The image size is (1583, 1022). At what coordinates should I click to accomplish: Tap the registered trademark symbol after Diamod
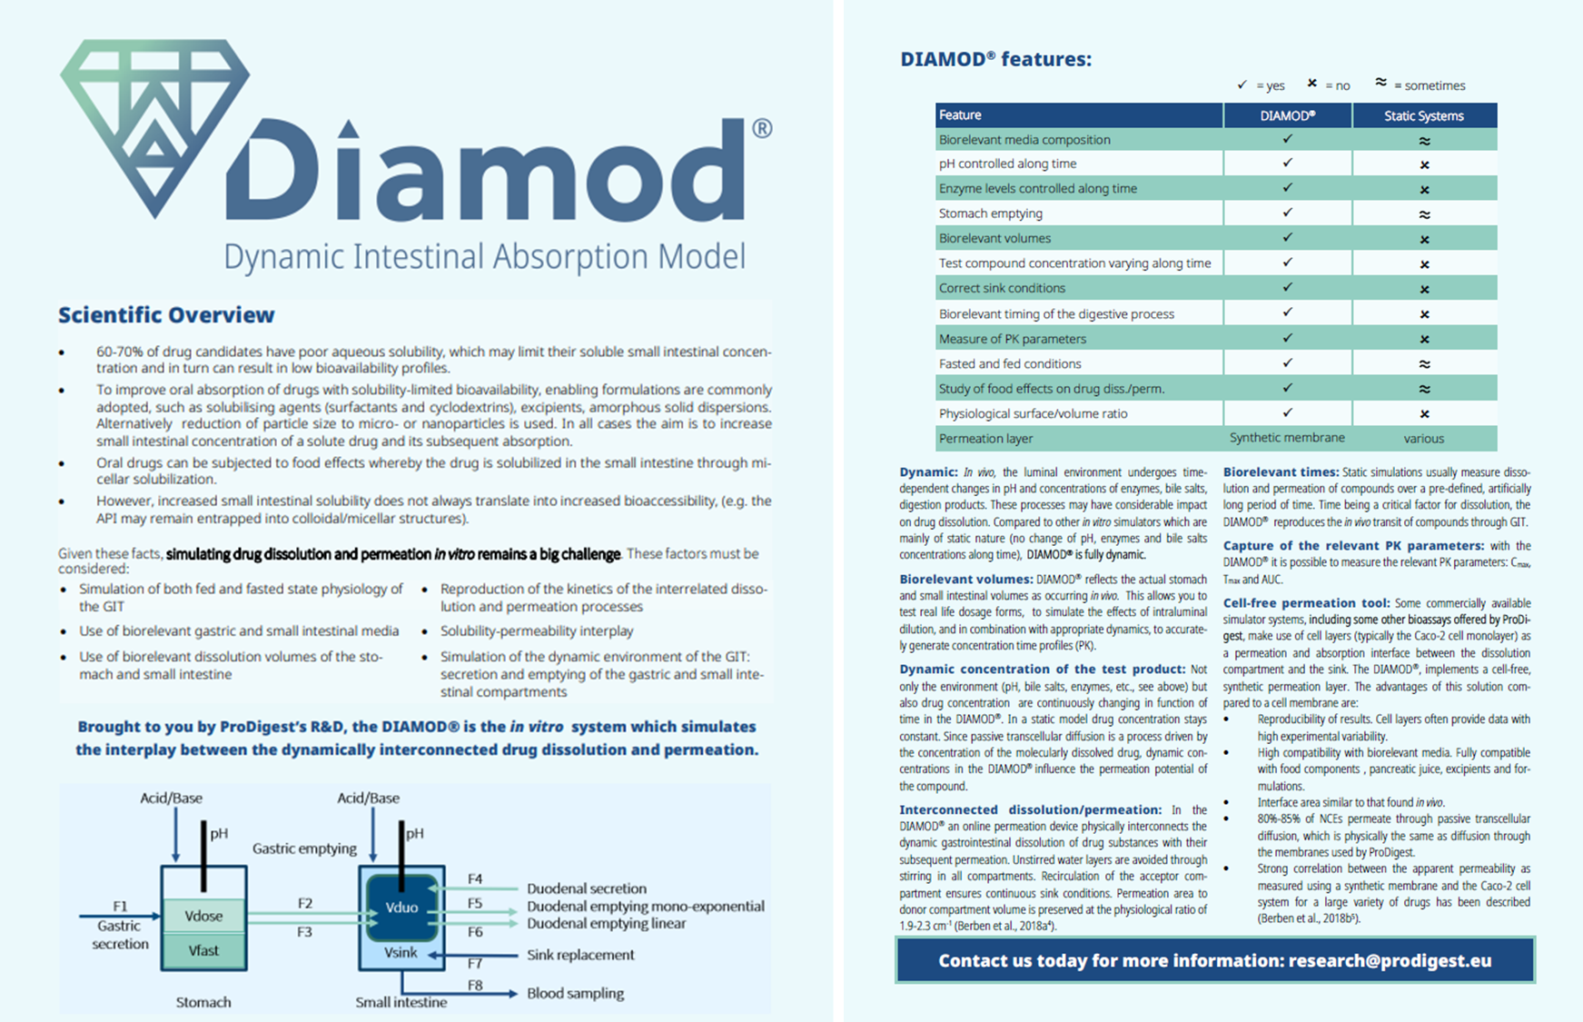coord(762,129)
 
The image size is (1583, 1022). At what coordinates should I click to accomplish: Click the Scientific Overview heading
coord(166,315)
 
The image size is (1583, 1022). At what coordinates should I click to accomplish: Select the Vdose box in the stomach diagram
coord(203,916)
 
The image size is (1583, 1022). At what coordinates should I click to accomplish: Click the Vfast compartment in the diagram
coord(203,950)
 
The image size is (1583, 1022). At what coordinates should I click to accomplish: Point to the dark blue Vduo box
coord(401,908)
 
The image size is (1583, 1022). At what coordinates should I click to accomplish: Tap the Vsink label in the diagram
coord(401,952)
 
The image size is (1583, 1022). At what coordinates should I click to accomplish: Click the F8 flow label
coord(475,985)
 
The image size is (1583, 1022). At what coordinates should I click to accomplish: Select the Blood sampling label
coord(575,993)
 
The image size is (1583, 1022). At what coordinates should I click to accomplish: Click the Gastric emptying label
coord(304,848)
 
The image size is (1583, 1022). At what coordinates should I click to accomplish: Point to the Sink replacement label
coord(580,955)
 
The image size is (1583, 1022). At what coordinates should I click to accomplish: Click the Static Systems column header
coord(1423,115)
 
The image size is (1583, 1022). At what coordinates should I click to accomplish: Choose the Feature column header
coord(960,115)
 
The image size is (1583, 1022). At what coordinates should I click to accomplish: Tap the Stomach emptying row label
coord(991,213)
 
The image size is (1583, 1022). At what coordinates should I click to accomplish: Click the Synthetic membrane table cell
coord(1287,438)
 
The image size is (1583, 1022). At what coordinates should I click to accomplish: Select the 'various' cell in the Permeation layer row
coord(1423,439)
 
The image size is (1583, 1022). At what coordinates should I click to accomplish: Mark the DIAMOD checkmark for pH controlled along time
coord(1287,164)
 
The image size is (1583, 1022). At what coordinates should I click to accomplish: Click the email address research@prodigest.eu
coord(1390,960)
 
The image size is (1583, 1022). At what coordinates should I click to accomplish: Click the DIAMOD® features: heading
coord(995,60)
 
